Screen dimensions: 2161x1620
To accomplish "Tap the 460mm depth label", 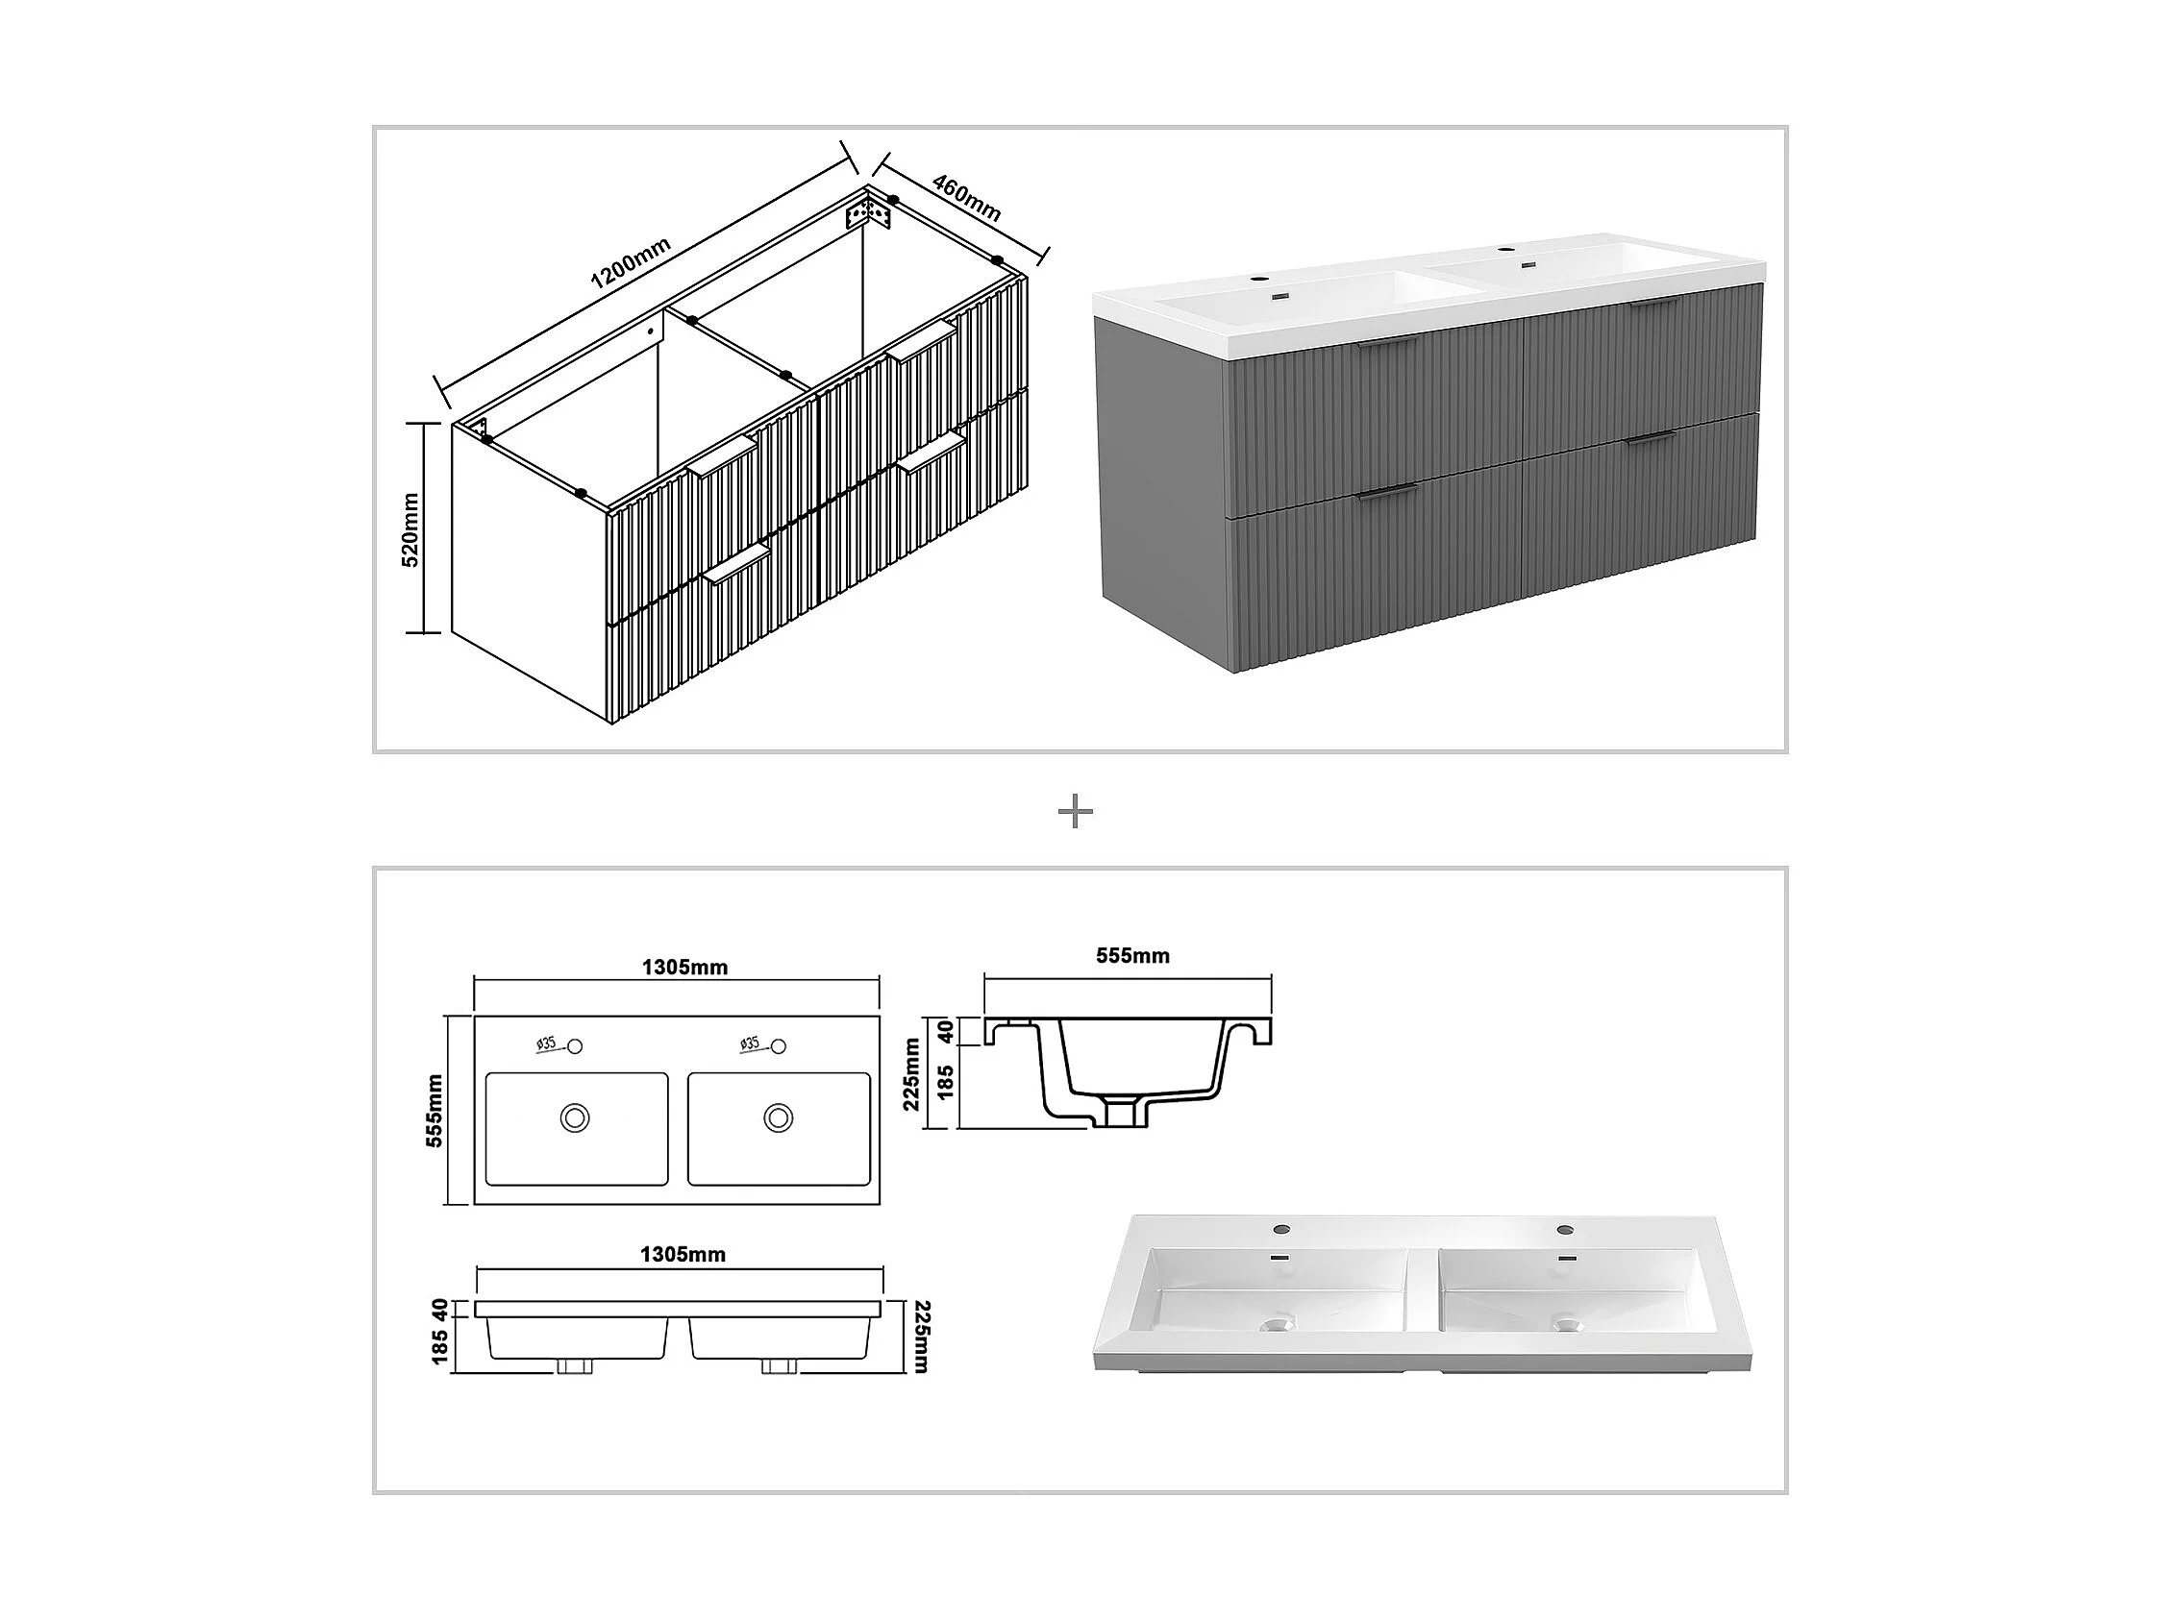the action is coord(966,198).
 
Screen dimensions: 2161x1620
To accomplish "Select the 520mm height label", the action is coord(410,529).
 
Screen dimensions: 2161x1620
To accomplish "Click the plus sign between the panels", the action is coord(1076,812).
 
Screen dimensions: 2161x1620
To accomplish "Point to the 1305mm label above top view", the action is coord(683,967).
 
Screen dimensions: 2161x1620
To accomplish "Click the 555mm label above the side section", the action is coord(1132,955).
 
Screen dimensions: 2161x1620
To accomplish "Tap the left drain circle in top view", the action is coord(575,1117).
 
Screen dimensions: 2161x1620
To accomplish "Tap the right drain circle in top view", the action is coord(779,1117).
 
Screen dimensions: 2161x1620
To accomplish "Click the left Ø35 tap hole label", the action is coord(547,1043).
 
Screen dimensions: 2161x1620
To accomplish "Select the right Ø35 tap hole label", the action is coord(750,1043).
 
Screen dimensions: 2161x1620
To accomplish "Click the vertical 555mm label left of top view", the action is coord(435,1111).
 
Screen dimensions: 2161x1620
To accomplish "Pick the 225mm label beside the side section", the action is coord(911,1073).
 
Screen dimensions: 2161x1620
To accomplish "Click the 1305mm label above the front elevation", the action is coord(683,1254).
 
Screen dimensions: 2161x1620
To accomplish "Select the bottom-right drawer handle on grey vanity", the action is coord(1650,438).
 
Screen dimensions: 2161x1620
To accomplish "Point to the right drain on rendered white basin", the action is coord(1567,1325).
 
